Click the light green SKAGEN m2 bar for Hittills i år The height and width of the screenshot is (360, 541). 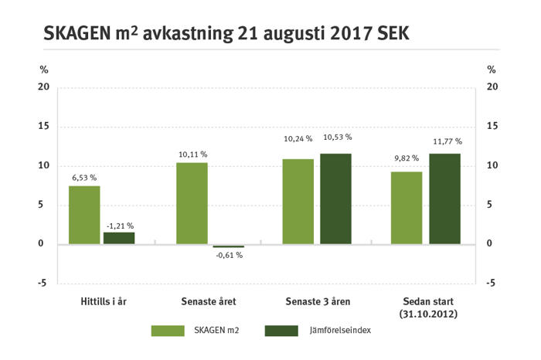click(84, 215)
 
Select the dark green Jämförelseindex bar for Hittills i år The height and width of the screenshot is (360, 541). click(119, 238)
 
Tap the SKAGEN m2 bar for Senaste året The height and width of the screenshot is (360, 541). click(192, 203)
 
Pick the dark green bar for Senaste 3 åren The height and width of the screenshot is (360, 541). click(336, 199)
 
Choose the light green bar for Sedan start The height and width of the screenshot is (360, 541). click(407, 208)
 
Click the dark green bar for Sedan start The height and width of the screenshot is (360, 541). click(444, 199)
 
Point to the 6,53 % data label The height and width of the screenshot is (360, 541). click(85, 178)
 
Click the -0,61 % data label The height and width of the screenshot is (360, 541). click(228, 255)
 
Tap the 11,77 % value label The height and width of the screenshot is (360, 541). click(447, 141)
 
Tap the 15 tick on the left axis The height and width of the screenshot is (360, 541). click(43, 126)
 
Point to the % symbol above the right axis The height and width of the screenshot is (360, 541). click(491, 70)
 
